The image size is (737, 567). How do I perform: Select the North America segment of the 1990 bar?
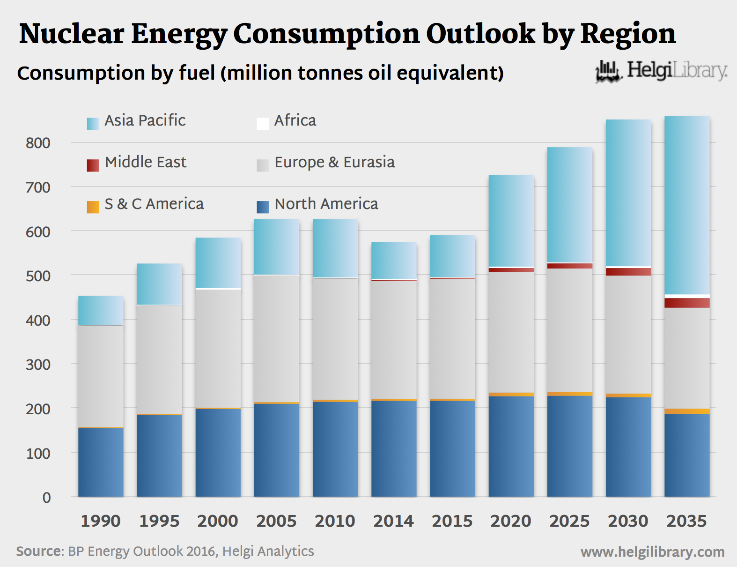tap(101, 462)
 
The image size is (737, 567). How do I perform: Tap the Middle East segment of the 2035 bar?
tap(687, 303)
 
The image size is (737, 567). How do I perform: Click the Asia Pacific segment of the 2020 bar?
tap(511, 221)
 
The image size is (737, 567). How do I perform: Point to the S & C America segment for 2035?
tap(687, 411)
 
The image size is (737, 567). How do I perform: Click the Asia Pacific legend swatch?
tap(93, 124)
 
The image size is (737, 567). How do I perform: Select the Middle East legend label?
tap(145, 162)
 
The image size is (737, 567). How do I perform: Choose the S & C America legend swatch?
tap(93, 207)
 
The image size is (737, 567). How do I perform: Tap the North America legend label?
tap(326, 204)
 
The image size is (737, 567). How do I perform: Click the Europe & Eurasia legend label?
tap(334, 162)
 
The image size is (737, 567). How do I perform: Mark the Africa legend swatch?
tap(263, 124)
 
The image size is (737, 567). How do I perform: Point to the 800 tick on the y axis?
tap(38, 143)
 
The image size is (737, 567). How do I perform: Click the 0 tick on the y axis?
tap(46, 498)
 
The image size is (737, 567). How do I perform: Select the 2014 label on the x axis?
tap(393, 521)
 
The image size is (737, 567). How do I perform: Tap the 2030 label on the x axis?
tap(628, 521)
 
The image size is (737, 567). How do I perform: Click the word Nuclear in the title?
tap(72, 34)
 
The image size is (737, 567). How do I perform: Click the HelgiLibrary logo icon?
tap(608, 72)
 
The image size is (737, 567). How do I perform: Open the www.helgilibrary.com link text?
tap(652, 552)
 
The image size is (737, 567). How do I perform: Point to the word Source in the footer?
tap(39, 551)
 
